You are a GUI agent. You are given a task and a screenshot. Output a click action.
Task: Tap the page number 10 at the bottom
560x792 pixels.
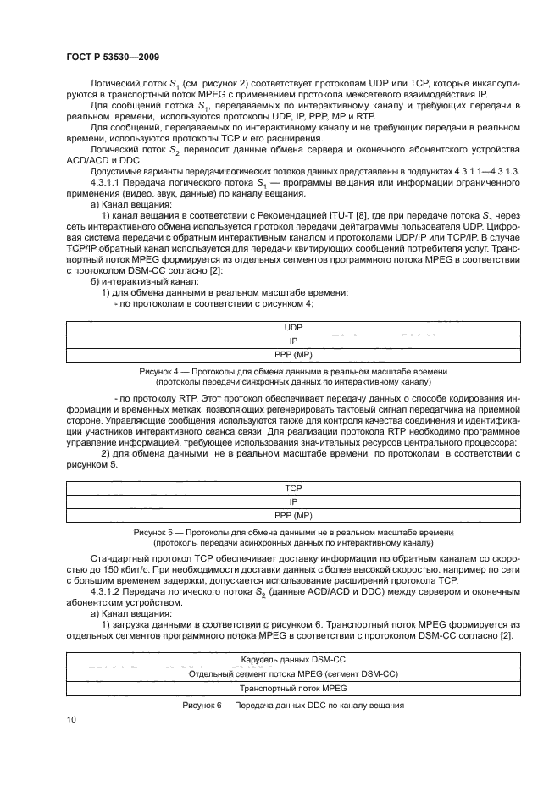tap(71, 720)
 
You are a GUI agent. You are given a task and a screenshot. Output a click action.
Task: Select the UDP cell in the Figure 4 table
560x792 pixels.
tap(293, 326)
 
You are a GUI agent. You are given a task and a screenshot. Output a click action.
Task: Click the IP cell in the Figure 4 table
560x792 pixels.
tap(293, 341)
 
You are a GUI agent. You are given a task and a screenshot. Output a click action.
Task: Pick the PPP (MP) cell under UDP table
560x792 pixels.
tap(293, 355)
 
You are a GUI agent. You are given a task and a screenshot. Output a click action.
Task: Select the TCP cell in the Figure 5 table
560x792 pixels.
tap(293, 489)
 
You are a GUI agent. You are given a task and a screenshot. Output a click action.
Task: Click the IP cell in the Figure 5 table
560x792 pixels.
tap(293, 501)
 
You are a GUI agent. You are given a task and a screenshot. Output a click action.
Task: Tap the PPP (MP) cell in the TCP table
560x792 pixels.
tap(293, 515)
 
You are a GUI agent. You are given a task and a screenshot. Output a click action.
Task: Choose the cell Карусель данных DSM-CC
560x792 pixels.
tap(293, 659)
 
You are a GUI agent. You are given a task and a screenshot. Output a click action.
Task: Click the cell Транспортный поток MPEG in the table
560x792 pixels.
tap(293, 689)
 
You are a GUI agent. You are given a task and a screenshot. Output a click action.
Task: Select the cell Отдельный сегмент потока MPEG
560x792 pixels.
tap(293, 673)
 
